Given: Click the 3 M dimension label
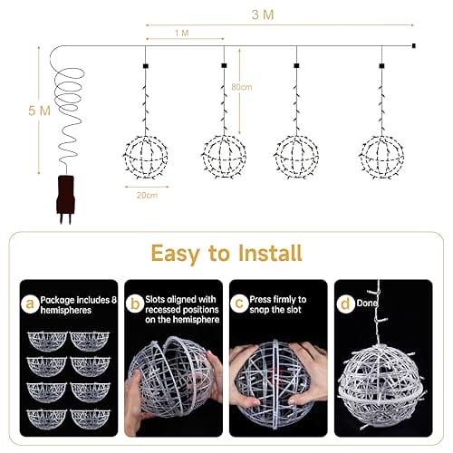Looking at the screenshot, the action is (x=263, y=14).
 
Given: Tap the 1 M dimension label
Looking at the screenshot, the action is (x=182, y=34).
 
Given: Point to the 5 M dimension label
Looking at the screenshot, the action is (x=39, y=111).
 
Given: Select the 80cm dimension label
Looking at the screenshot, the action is (x=242, y=87).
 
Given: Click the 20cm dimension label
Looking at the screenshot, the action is (x=147, y=195).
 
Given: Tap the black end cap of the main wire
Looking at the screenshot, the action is (x=414, y=46).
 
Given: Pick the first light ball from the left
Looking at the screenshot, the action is (x=146, y=157).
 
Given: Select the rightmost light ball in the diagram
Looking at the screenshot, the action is (x=381, y=157).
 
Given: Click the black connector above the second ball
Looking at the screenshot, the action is (x=224, y=65).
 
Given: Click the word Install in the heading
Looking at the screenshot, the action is (x=270, y=253).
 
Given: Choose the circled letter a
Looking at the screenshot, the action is (x=30, y=304).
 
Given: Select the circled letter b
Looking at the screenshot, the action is (x=135, y=304).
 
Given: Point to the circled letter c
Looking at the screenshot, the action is (x=239, y=304).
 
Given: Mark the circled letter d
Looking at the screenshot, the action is (x=344, y=304).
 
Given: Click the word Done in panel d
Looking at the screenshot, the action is (x=367, y=303).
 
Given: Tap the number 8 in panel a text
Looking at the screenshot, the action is (x=113, y=300).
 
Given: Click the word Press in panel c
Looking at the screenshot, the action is (x=262, y=299).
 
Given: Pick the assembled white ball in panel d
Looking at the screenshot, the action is (x=381, y=387).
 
